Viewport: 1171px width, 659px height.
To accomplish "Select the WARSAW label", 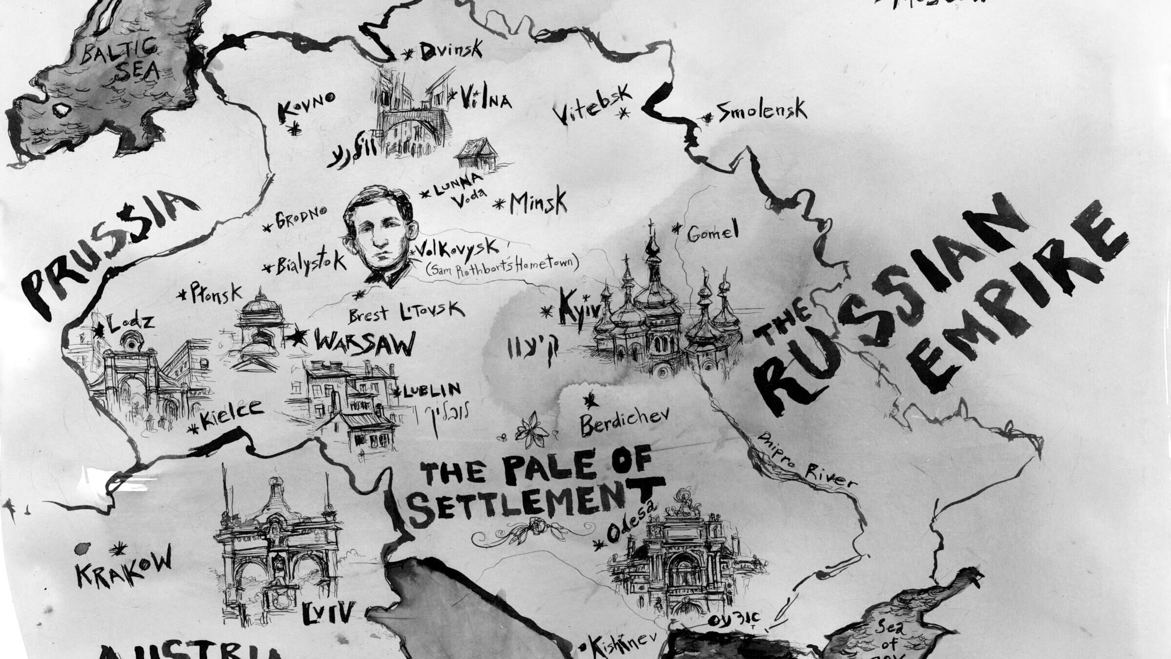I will click(364, 344).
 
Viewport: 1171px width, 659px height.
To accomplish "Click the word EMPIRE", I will click(1020, 298).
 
